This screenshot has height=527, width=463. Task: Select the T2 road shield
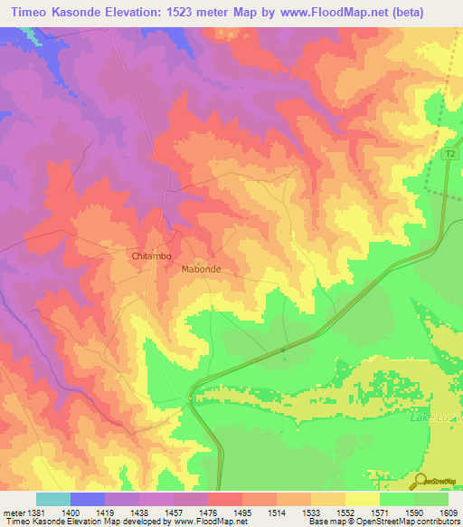tap(449, 155)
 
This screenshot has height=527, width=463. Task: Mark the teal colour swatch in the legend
tap(53, 499)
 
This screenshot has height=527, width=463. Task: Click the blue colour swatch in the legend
tap(88, 499)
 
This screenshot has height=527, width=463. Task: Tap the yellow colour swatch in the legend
tap(363, 499)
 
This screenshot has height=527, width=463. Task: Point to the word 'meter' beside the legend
tap(12, 512)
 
